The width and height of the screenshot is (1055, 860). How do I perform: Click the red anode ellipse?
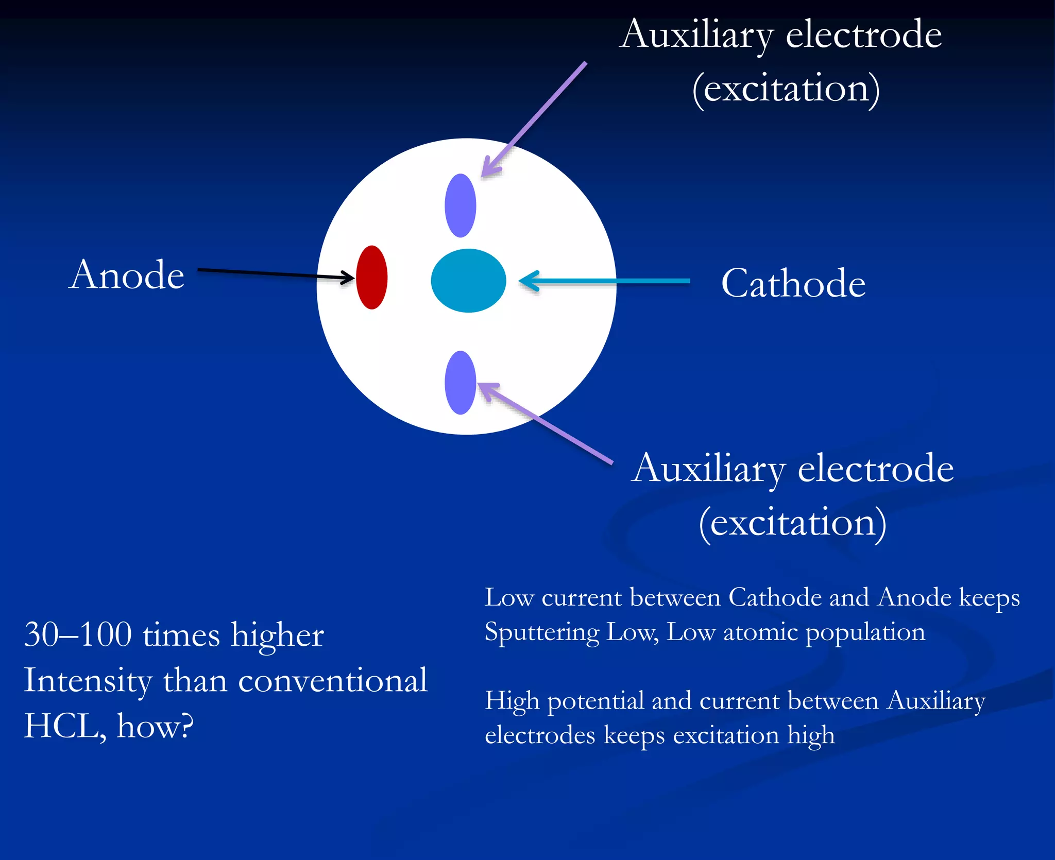(371, 277)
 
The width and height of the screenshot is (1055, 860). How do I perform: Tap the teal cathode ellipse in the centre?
(468, 281)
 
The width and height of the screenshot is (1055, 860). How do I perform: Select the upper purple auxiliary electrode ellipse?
(460, 205)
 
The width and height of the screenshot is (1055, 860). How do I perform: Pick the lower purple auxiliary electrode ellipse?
(460, 383)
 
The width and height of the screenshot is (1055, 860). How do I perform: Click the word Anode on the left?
(127, 275)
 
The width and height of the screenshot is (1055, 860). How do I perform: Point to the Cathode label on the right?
(793, 283)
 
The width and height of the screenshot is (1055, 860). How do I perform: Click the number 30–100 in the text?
(78, 634)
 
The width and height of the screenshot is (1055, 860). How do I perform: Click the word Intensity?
(88, 681)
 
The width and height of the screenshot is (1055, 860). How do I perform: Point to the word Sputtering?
(542, 632)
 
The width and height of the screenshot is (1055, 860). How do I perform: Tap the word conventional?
(333, 681)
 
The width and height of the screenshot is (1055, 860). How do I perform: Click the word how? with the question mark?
(155, 726)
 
